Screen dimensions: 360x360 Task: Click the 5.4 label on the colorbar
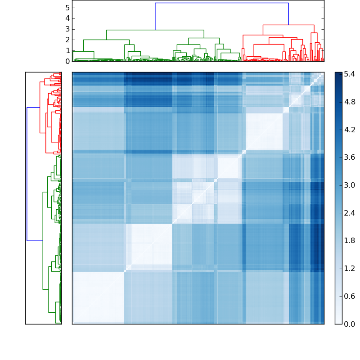[x=350, y=74]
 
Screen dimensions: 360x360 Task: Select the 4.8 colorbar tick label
[x=350, y=102]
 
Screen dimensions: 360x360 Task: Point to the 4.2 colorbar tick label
[x=350, y=130]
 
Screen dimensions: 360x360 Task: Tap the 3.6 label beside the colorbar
[x=350, y=157]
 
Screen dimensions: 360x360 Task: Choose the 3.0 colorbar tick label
[x=350, y=185]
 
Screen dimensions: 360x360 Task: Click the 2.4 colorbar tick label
[x=350, y=213]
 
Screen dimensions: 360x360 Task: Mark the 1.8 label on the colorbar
[x=350, y=241]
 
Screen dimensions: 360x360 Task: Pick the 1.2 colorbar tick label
[x=350, y=268]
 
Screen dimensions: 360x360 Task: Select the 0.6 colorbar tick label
[x=350, y=296]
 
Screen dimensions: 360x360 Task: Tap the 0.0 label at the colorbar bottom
[x=350, y=324]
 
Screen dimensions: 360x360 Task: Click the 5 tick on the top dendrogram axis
[x=67, y=8]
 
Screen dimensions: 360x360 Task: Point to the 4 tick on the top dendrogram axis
[x=67, y=18]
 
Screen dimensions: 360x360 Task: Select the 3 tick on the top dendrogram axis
[x=67, y=29]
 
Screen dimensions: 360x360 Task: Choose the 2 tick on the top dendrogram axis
[x=67, y=40]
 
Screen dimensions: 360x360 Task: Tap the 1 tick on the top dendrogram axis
[x=67, y=50]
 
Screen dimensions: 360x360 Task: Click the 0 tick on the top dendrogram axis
[x=67, y=61]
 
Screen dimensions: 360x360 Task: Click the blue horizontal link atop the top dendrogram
[x=222, y=3]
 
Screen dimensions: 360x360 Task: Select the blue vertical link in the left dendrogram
[x=27, y=174]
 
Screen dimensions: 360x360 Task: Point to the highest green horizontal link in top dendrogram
[x=155, y=30]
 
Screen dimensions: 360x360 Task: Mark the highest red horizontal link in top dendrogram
[x=288, y=25]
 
